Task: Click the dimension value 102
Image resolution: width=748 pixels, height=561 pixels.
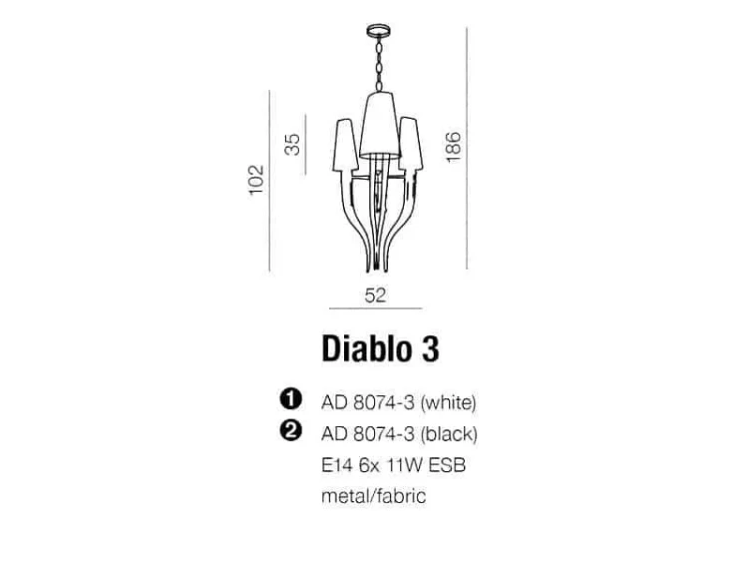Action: coord(256,180)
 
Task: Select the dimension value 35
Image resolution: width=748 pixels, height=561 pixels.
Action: coord(292,144)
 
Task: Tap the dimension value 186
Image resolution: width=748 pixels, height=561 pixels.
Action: coord(453,147)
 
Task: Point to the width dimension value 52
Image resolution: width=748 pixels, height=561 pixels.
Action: coord(375,295)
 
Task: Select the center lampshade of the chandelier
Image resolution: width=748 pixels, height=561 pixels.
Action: coord(379,125)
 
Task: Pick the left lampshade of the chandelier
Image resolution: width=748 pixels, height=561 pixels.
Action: coord(345,145)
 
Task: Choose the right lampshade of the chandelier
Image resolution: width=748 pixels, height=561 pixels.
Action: coord(411,144)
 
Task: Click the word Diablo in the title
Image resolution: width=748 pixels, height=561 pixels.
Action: coord(366,349)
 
